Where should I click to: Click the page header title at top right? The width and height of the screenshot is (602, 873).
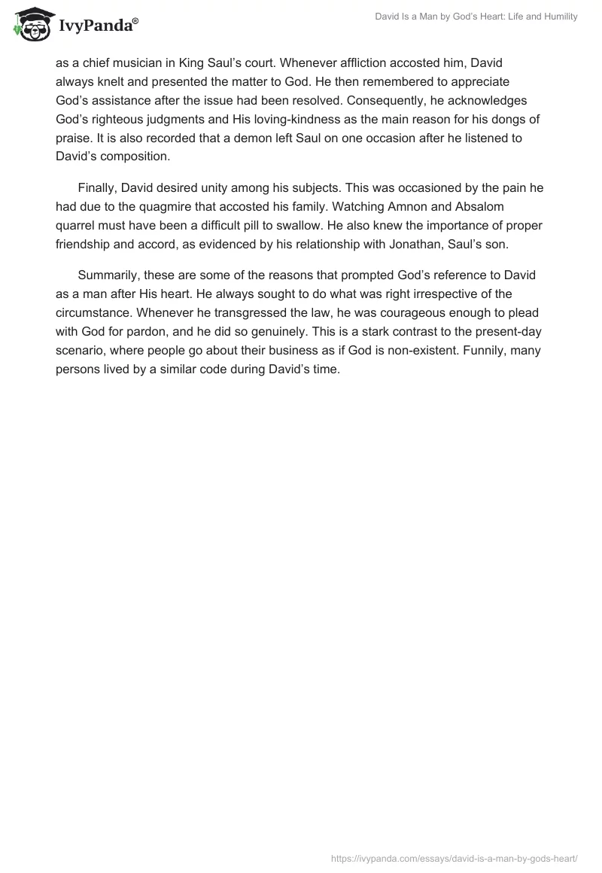[x=476, y=17]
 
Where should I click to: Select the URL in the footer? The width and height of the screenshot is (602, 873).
[x=454, y=857]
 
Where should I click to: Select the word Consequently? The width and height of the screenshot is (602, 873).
[x=394, y=101]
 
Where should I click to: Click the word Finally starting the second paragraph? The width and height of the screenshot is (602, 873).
[x=99, y=188]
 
